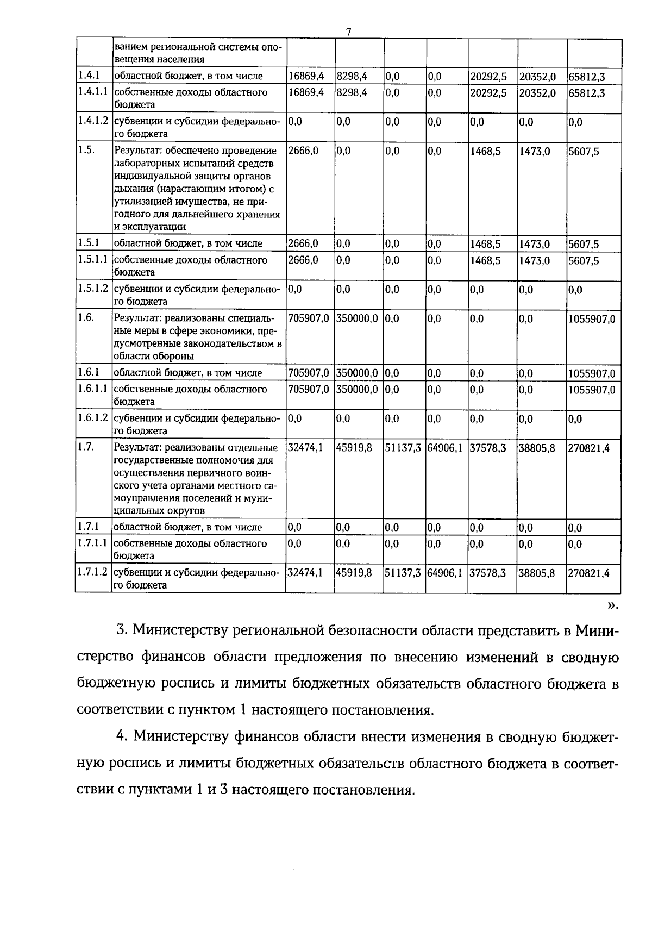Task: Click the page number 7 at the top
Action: (x=349, y=32)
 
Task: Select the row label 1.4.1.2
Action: (x=93, y=121)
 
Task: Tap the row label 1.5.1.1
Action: (x=93, y=259)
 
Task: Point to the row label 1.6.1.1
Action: (x=93, y=389)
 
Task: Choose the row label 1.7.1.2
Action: (x=93, y=572)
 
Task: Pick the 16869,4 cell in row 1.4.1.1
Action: (x=306, y=92)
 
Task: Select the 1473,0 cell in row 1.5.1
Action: (x=535, y=244)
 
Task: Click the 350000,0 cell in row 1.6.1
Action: (x=357, y=373)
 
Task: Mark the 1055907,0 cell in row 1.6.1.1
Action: (x=592, y=390)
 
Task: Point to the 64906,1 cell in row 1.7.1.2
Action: (x=445, y=573)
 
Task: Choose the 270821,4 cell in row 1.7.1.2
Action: (x=589, y=573)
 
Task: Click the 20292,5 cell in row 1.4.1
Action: (x=488, y=77)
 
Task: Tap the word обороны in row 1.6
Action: (x=175, y=356)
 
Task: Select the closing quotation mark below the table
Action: (x=612, y=605)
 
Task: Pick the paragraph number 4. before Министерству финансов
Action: (x=122, y=737)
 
